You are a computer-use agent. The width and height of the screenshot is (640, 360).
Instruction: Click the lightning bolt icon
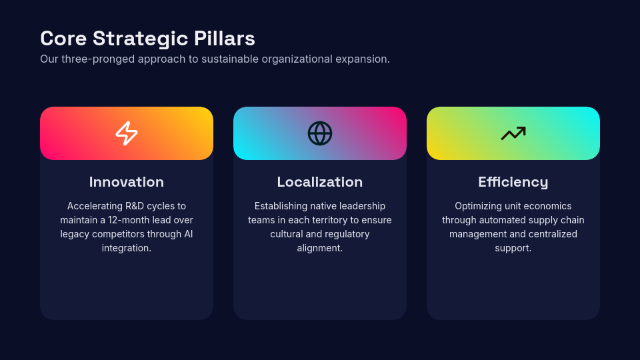click(127, 133)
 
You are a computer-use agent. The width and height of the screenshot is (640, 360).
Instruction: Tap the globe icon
click(320, 133)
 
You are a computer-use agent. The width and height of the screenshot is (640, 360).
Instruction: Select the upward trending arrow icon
click(513, 133)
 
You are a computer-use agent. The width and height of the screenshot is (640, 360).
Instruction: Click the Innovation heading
click(127, 182)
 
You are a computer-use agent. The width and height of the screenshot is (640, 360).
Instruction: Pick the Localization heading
click(320, 182)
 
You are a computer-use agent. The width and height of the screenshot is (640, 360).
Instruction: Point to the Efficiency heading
click(513, 182)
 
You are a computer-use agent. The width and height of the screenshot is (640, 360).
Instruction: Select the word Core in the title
click(63, 39)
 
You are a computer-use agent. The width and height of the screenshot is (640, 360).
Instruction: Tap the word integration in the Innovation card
click(126, 248)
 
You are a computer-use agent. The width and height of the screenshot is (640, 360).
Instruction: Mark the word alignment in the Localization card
click(320, 248)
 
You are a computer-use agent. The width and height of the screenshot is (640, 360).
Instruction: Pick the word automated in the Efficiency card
click(498, 220)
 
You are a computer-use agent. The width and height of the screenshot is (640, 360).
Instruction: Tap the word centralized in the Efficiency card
click(551, 234)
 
